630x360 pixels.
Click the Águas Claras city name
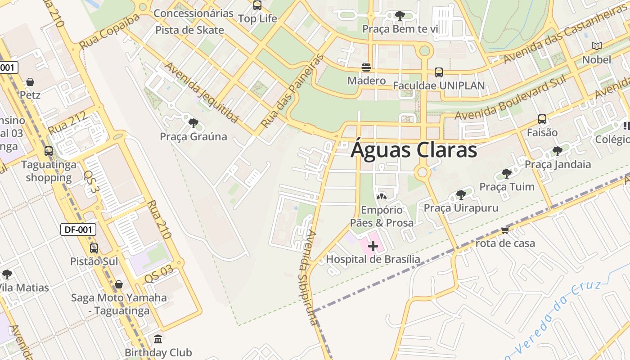point(414,150)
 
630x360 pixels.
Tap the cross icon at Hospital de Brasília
point(373,246)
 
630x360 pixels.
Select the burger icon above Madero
point(366,67)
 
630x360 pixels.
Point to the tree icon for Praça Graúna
point(193,123)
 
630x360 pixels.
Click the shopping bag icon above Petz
point(30,82)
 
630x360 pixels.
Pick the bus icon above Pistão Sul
point(94,248)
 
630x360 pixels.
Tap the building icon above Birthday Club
point(158,339)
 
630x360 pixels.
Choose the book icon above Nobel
point(597,46)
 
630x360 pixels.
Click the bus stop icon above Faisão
point(542,119)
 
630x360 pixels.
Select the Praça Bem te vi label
point(400,29)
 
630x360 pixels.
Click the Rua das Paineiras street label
point(293,90)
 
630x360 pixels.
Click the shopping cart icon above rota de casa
point(505,230)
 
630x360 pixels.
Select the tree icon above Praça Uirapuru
point(461,195)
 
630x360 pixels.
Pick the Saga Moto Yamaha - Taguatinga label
point(119,304)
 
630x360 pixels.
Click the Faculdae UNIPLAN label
point(439,85)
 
